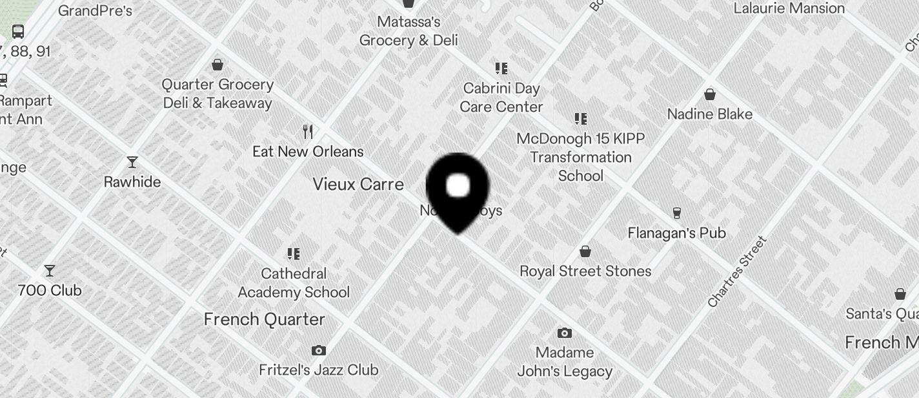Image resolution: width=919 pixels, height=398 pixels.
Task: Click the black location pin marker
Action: [458, 190]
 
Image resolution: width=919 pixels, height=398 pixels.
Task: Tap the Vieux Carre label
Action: [358, 184]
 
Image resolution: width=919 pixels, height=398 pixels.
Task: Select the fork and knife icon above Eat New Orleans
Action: [308, 132]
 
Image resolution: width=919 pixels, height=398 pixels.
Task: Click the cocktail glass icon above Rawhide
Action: [132, 162]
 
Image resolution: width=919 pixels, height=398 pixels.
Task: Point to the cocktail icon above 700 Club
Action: [50, 271]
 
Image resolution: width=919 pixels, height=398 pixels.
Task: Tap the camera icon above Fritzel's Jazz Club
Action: [318, 350]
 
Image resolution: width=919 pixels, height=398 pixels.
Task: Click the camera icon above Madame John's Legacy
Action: [565, 333]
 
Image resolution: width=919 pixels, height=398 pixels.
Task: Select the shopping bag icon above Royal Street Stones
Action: [585, 251]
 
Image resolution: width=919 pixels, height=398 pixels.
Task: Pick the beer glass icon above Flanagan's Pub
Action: [676, 213]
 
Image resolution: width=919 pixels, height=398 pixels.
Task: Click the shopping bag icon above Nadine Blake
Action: [710, 94]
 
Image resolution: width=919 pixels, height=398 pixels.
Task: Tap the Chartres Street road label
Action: [736, 272]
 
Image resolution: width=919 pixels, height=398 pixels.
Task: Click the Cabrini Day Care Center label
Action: [501, 98]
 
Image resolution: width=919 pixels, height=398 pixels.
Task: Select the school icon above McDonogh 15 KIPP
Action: [581, 119]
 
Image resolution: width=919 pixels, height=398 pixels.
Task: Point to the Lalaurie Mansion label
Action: [789, 8]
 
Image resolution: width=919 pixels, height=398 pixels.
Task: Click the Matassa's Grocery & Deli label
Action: [409, 31]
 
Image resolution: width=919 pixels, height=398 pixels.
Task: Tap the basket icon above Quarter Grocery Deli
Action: [217, 65]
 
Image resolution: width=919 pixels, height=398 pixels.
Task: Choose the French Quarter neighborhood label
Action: [264, 319]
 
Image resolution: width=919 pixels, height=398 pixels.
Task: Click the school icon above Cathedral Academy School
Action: [294, 253]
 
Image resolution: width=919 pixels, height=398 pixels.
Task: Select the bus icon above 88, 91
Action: [18, 31]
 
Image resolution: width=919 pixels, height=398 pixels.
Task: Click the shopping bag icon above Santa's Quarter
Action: [900, 294]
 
